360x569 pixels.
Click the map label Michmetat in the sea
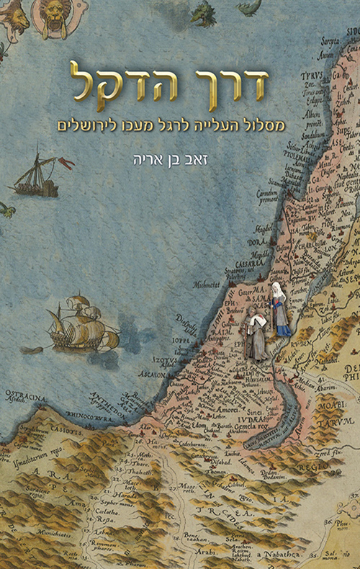208,284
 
